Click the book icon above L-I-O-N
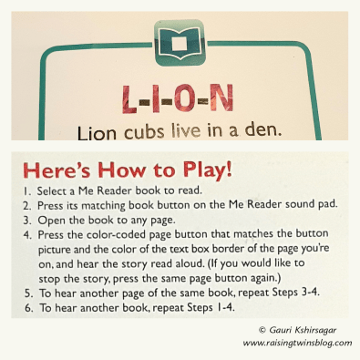point(180,43)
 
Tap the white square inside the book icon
point(180,45)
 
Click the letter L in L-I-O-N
point(129,99)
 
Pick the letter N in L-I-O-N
point(221,98)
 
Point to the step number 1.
point(27,191)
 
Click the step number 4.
point(27,235)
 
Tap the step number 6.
point(29,308)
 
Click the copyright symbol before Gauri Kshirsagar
point(262,330)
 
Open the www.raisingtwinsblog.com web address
point(297,343)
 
